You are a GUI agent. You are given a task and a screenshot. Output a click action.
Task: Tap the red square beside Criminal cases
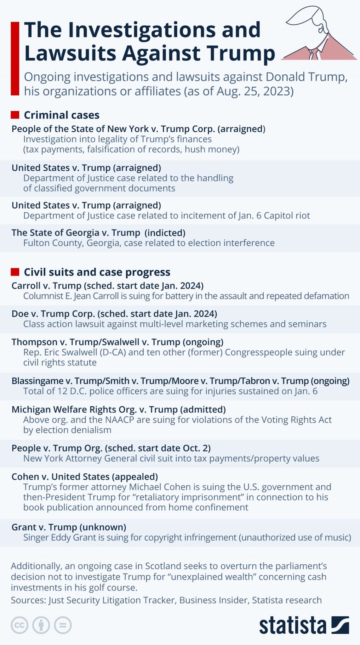tap(15, 115)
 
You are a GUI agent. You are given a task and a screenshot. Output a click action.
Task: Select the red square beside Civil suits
tap(15, 272)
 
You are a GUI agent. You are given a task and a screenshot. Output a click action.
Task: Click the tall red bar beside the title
tap(15, 58)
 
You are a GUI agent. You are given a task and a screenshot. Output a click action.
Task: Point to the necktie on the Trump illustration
tap(314, 54)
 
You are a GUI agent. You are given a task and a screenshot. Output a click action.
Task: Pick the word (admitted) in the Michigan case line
tap(203, 409)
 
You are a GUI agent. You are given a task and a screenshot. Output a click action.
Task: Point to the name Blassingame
tap(37, 381)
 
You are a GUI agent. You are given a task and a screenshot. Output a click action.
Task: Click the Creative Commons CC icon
tap(20, 625)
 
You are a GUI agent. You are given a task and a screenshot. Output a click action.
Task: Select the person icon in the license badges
tap(41, 625)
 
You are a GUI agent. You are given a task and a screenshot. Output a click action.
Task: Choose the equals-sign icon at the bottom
tap(63, 625)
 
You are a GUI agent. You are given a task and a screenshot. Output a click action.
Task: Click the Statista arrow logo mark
tap(340, 625)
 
